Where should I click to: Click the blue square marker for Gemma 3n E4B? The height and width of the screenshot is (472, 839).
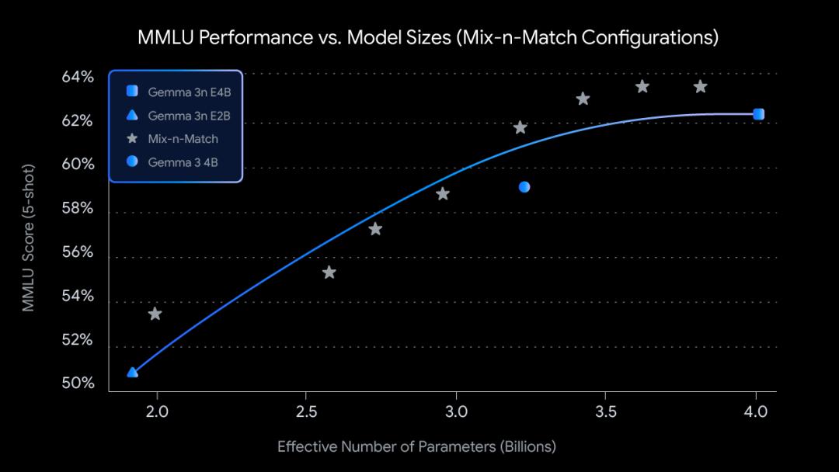[x=759, y=114]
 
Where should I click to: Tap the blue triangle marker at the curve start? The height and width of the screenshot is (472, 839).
[x=133, y=373]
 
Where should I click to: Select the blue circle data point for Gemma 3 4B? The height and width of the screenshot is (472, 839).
[x=524, y=187]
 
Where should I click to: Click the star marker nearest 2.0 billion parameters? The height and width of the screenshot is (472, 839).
[x=155, y=314]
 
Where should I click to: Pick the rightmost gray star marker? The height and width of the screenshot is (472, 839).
[x=700, y=86]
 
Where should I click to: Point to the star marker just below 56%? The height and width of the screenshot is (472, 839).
[x=329, y=272]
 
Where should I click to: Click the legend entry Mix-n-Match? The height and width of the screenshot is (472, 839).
[x=183, y=139]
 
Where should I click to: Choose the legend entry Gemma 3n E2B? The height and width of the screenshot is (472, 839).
[x=189, y=116]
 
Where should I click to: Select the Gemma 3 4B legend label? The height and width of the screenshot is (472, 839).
[x=184, y=161]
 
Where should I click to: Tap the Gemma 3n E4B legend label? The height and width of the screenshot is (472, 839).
[x=189, y=92]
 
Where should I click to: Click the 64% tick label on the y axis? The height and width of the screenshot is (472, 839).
[x=78, y=77]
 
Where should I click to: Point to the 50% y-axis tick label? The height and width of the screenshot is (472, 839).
[x=78, y=384]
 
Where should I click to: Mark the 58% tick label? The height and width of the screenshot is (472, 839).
[x=78, y=209]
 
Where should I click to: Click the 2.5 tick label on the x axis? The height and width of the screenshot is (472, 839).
[x=306, y=409]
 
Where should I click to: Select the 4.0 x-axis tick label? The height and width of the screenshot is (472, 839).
[x=756, y=409]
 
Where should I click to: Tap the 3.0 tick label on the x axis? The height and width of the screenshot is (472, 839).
[x=456, y=409]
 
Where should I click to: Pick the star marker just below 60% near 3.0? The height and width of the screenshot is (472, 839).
[x=443, y=194]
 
